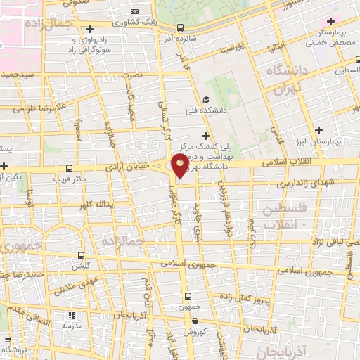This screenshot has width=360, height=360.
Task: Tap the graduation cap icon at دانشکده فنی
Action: pyautogui.click(x=206, y=98)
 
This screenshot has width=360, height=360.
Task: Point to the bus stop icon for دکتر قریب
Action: pyautogui.click(x=69, y=168)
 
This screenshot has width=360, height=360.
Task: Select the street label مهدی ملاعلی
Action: pyautogui.click(x=67, y=283)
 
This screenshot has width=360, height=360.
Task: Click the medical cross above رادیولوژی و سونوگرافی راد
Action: pyautogui.click(x=89, y=30)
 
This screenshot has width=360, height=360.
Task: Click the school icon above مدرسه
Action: pyautogui.click(x=70, y=315)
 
